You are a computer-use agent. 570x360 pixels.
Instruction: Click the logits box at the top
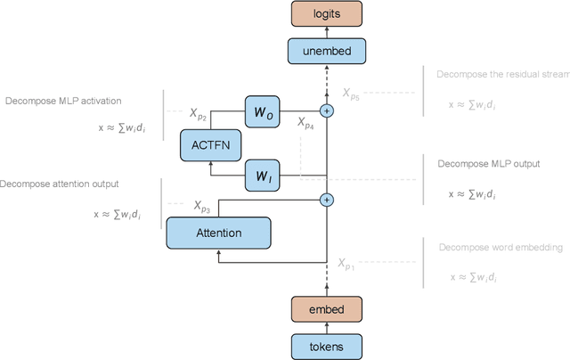tap(327, 13)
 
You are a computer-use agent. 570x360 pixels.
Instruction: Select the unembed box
tap(327, 52)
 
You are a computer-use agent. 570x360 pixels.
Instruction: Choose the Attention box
tap(218, 233)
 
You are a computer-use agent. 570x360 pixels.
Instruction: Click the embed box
tap(327, 308)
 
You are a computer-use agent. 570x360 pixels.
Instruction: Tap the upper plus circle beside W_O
tap(327, 111)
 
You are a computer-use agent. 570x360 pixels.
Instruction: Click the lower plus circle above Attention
tap(327, 200)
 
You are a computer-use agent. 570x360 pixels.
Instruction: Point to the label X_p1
tap(346, 264)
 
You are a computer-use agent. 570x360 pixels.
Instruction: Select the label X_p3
tap(202, 206)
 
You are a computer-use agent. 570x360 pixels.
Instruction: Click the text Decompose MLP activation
tap(62, 101)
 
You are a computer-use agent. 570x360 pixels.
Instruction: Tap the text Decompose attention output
tap(60, 184)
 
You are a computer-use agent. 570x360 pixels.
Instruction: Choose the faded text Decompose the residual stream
tap(502, 75)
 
